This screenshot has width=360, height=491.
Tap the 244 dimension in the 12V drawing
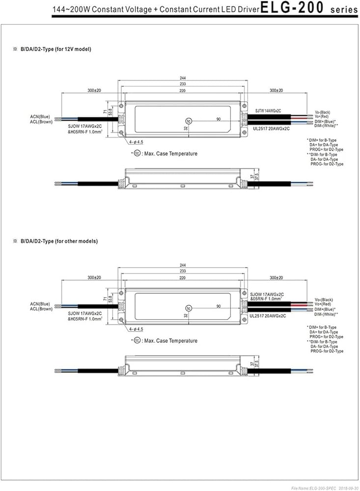point(183,78)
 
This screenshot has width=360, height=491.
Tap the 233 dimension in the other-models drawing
point(183,272)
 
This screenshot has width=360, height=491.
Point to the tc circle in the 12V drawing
point(189,120)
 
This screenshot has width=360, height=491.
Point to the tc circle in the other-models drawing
point(189,307)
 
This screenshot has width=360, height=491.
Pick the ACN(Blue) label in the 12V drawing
point(40,116)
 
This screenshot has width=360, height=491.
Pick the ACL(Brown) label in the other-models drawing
point(41,309)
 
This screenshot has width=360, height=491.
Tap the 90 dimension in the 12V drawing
point(218,119)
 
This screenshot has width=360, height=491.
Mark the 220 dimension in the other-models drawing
point(183,277)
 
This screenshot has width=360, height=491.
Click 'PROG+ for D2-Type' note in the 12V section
point(326,149)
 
